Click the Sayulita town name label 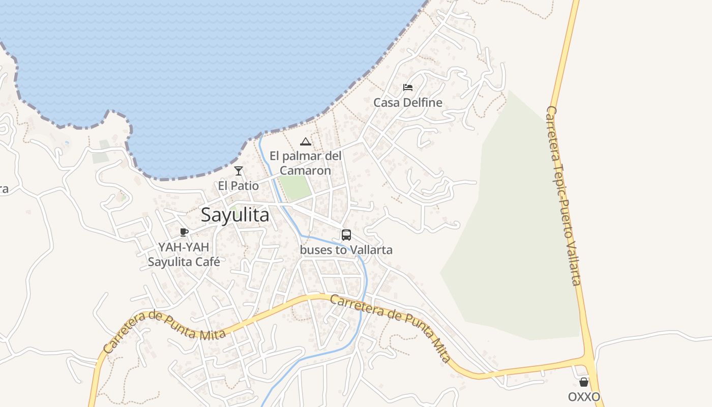tap(235, 215)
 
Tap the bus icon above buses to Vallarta tap(346, 235)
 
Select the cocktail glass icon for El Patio tap(239, 171)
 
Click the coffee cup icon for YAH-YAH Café tap(184, 232)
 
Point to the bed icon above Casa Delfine tap(408, 88)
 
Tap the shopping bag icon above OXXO tap(584, 382)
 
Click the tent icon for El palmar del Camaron tap(305, 141)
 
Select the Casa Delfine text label tap(408, 103)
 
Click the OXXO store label tap(584, 397)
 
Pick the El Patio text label tap(239, 186)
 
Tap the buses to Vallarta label tap(346, 250)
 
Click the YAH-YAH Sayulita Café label tap(184, 255)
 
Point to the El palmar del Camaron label tap(305, 163)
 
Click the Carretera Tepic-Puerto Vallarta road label tap(563, 196)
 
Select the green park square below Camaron tap(295, 187)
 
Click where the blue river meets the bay tap(261, 136)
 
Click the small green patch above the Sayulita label tap(234, 207)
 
